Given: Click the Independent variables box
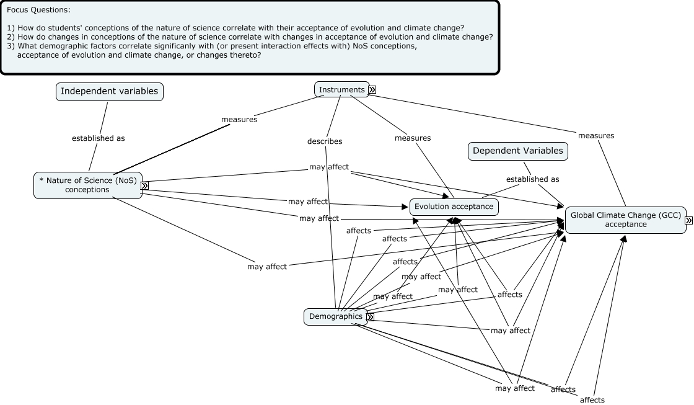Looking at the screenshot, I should coord(109,91).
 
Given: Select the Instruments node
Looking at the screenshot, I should coord(341,89).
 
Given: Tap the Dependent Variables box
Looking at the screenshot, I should coord(517,151).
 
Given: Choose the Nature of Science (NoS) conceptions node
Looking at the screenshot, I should coord(87,185).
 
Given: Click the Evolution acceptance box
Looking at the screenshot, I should coord(454,207).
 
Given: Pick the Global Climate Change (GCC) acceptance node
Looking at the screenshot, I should coord(625,220).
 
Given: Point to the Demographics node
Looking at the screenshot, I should coord(335,316).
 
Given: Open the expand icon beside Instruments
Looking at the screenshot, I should coord(372,89).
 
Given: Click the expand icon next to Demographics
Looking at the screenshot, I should coord(371,317).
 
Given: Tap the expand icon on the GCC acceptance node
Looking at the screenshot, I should coord(688,220).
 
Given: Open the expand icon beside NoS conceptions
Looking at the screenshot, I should coord(144,185).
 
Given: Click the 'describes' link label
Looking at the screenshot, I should coord(324,141).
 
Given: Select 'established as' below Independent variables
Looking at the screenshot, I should coord(98,138).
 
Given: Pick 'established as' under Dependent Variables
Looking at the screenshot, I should coord(532,179).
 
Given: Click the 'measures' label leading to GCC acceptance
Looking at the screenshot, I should coord(595,135).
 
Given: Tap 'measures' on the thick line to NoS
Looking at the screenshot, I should coord(239,119).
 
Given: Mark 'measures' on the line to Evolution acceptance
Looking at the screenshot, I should coord(412,138).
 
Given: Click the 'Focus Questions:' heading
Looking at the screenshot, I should coord(38,11).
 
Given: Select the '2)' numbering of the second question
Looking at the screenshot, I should coord(11,37).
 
